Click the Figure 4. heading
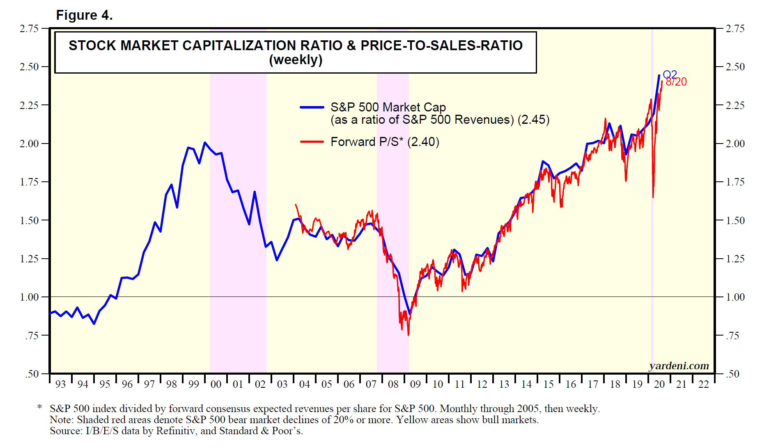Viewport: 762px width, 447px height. (84, 15)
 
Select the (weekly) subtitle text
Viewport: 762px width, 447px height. (296, 60)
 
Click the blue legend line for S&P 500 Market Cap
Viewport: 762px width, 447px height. (312, 107)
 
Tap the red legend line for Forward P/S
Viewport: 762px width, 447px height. (312, 142)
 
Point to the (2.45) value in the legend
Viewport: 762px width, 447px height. (533, 120)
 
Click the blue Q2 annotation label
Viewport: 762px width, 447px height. (670, 74)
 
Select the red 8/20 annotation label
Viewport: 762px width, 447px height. (676, 82)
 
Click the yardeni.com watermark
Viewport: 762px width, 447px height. (679, 366)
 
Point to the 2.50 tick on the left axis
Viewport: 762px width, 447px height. (29, 67)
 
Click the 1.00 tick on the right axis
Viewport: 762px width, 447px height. (735, 297)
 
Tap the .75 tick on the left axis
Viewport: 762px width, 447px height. (32, 336)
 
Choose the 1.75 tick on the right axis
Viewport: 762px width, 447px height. (735, 182)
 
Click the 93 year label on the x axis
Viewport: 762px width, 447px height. (61, 384)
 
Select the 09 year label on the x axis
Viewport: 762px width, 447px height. (415, 384)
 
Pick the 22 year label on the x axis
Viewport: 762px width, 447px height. (704, 384)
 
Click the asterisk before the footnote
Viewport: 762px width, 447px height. (39, 408)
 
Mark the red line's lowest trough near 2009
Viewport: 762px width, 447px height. (408, 335)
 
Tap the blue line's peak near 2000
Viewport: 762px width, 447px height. (205, 142)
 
